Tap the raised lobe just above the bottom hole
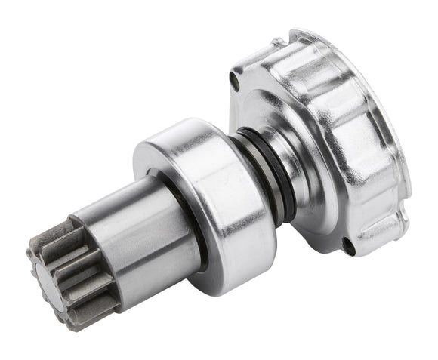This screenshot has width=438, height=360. pos(340,215)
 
